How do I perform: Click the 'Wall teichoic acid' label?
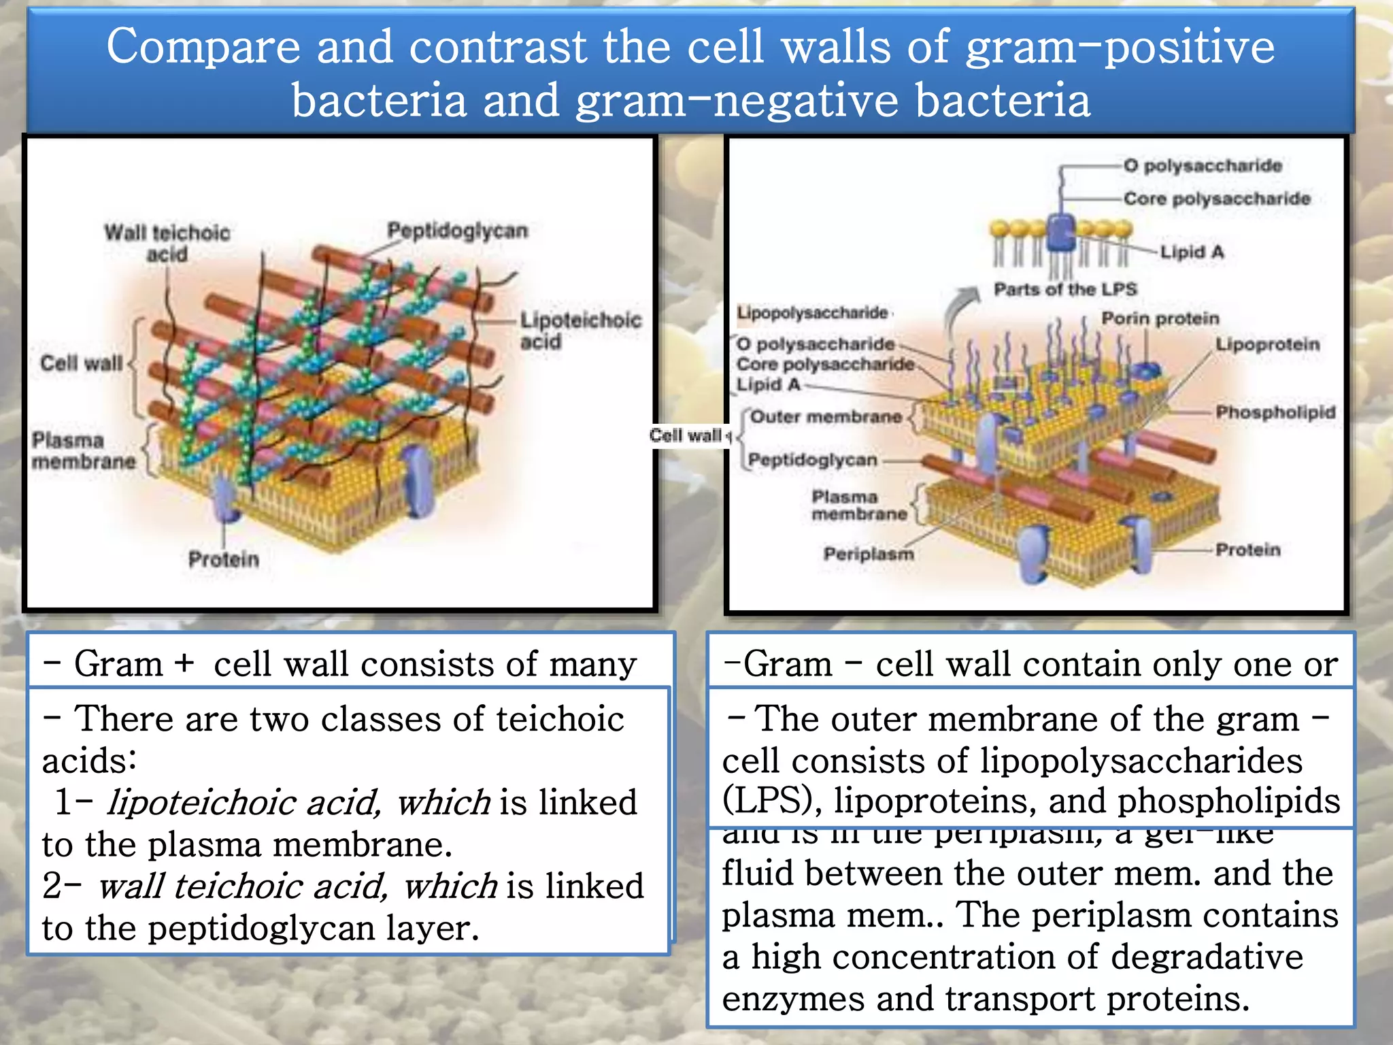[x=167, y=243]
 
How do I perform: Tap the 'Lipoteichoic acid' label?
[x=580, y=330]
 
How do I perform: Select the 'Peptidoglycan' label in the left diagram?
[x=457, y=231]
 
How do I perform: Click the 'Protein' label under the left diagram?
[x=224, y=559]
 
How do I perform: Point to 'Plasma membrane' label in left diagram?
[x=83, y=450]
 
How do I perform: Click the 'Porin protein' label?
[x=1160, y=318]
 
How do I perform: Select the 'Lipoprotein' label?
[x=1267, y=344]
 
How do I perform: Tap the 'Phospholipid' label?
[x=1275, y=412]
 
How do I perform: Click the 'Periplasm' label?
[x=868, y=554]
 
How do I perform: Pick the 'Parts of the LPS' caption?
[x=1064, y=289]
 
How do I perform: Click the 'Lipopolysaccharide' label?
[x=812, y=313]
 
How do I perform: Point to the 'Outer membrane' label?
[x=826, y=416]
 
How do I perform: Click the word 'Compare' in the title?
[x=203, y=48]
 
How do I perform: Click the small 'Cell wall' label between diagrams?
[x=686, y=435]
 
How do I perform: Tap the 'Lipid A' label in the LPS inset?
[x=1191, y=252]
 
